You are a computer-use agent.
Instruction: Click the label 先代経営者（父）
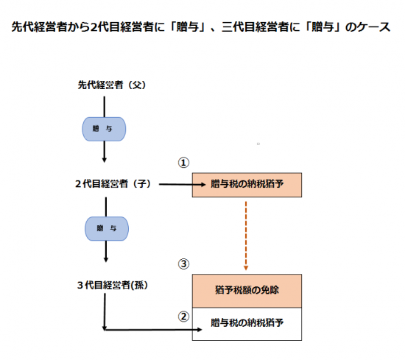(x=112, y=85)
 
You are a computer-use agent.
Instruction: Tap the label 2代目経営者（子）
(x=113, y=184)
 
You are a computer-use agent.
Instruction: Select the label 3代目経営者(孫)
(x=113, y=285)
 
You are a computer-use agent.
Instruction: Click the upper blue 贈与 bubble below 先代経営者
(x=104, y=129)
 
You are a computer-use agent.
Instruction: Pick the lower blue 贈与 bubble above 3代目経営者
(x=107, y=229)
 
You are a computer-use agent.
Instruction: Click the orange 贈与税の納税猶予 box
(x=247, y=185)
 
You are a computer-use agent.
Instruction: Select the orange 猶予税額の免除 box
(x=247, y=291)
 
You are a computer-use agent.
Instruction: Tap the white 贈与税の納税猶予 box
(x=247, y=324)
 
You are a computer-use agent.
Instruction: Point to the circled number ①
(x=183, y=163)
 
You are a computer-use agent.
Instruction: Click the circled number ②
(x=183, y=317)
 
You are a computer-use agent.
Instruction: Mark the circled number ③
(x=183, y=264)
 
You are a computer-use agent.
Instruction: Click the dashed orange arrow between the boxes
(x=246, y=236)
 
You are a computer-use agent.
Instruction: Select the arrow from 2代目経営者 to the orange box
(x=183, y=184)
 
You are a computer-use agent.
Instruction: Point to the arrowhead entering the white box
(x=200, y=330)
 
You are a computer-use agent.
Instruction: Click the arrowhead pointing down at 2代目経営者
(x=105, y=160)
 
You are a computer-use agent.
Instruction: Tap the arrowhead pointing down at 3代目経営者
(x=106, y=260)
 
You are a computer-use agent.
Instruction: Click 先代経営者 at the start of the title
(x=34, y=27)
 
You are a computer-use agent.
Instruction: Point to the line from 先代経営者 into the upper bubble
(x=105, y=107)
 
